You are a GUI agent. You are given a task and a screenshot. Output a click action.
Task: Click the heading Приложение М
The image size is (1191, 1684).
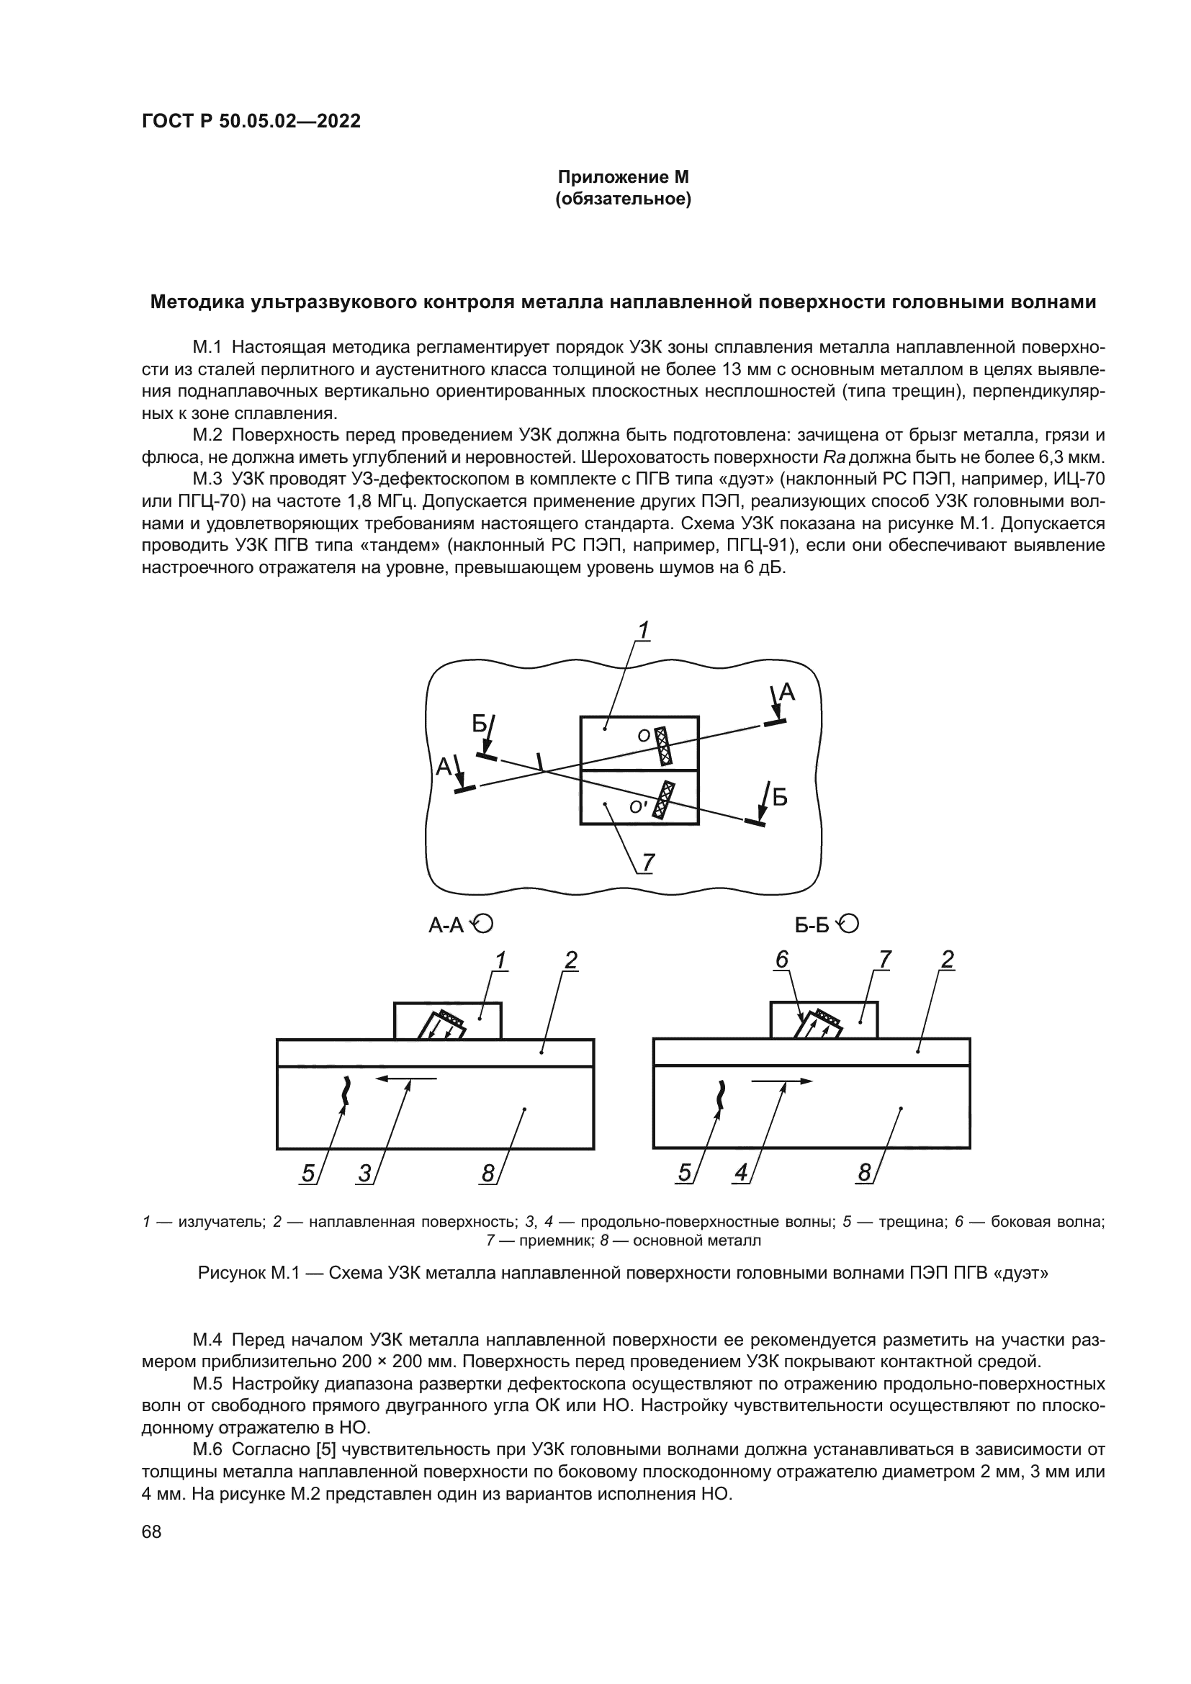[x=624, y=178]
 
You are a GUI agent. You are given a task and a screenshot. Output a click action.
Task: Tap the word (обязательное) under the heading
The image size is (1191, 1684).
[x=624, y=199]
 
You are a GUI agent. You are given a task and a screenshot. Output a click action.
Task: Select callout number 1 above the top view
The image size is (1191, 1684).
[x=643, y=630]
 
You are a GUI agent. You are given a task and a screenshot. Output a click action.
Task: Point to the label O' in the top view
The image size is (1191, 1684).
[x=638, y=807]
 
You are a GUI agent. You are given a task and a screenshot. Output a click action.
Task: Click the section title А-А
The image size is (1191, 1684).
[x=446, y=926]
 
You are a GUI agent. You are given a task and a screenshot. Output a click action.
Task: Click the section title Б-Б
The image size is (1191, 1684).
[x=812, y=926]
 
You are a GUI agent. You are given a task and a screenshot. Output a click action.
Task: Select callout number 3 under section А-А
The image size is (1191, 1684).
[x=364, y=1174]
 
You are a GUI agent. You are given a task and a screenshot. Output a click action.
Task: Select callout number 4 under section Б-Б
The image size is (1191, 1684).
[x=741, y=1174]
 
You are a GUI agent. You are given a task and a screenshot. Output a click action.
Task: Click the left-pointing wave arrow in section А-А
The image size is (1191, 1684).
[x=405, y=1079]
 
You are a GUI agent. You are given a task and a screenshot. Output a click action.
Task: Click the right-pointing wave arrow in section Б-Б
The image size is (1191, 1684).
[x=782, y=1081]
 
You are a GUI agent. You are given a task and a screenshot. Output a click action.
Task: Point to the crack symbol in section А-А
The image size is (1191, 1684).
[x=346, y=1091]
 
